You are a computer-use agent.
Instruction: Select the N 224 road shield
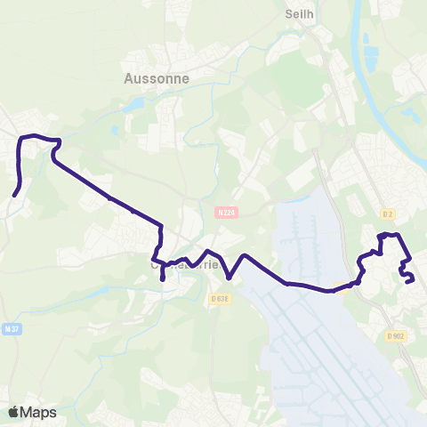[225, 213]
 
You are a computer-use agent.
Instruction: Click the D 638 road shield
[220, 298]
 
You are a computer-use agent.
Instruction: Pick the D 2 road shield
[387, 213]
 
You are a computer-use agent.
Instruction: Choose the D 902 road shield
[395, 335]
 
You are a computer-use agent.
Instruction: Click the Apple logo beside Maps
[14, 412]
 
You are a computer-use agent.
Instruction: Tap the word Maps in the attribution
[39, 413]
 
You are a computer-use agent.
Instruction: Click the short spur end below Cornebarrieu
[163, 280]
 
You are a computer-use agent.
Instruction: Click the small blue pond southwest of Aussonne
[134, 106]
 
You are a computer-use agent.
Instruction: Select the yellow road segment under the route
[342, 286]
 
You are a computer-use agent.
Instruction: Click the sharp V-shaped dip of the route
[230, 277]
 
